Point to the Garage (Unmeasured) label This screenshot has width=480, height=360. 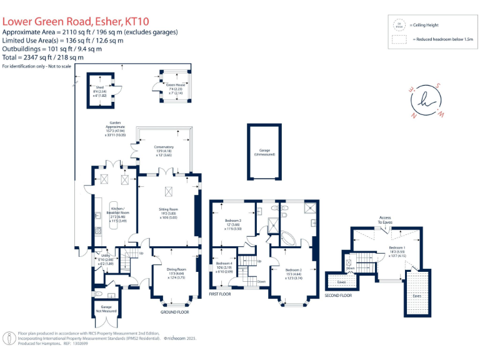coord(264,152)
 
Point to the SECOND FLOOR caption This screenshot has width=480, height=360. coord(338,295)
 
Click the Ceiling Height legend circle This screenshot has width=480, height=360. coord(397,25)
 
